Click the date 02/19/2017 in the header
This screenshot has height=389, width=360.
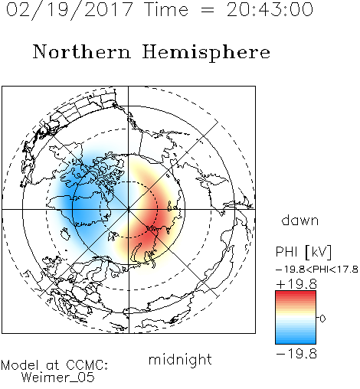pyautogui.click(x=69, y=10)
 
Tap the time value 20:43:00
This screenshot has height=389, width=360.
pyautogui.click(x=270, y=10)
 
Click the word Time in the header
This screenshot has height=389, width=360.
pyautogui.click(x=166, y=10)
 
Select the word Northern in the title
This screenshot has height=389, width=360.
pyautogui.click(x=82, y=51)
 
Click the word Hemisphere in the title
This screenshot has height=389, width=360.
pyautogui.click(x=206, y=53)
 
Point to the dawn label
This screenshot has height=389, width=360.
pyautogui.click(x=299, y=220)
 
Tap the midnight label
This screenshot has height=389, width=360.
pyautogui.click(x=180, y=360)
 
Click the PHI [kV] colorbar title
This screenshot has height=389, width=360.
pyautogui.click(x=303, y=252)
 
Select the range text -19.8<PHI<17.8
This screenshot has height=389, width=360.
pyautogui.click(x=317, y=270)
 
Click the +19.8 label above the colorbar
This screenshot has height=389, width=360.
pyautogui.click(x=296, y=284)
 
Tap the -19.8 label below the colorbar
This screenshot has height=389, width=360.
pyautogui.click(x=296, y=354)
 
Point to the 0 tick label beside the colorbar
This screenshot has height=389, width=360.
pyautogui.click(x=322, y=319)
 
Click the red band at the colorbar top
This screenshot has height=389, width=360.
pyautogui.click(x=296, y=294)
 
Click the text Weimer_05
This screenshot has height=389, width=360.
pyautogui.click(x=58, y=378)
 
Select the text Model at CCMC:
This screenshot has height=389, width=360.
pyautogui.click(x=54, y=365)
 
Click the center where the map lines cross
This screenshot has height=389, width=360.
pyautogui.click(x=129, y=210)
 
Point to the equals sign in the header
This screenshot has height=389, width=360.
pyautogui.click(x=208, y=11)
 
